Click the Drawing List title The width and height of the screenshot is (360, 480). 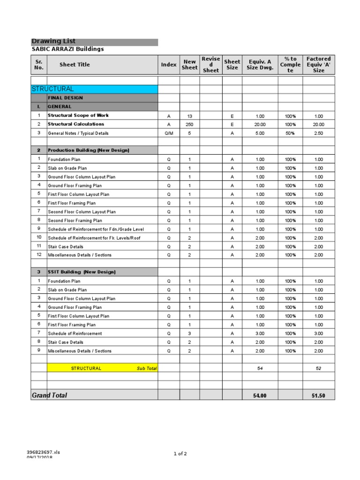click(53, 41)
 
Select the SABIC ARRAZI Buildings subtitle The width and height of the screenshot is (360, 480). click(67, 49)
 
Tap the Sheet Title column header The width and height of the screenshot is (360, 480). click(75, 65)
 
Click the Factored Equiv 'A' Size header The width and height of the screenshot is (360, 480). click(319, 65)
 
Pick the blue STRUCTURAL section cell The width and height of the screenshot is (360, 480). click(94, 89)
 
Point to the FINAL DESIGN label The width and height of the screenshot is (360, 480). click(65, 98)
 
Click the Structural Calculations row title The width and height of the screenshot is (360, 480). click(76, 124)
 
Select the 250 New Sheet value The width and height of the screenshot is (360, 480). click(190, 125)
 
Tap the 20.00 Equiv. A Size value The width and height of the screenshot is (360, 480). click(260, 125)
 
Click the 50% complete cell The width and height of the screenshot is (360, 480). click(290, 133)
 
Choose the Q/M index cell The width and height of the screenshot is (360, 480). click(169, 133)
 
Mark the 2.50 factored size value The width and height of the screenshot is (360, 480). click(319, 133)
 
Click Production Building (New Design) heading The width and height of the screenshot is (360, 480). click(88, 150)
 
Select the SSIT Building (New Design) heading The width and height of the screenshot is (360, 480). click(82, 272)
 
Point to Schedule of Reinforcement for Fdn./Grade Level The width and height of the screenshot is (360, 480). click(96, 229)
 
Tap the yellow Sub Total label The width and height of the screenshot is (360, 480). click(147, 368)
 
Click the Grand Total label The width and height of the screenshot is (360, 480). click(49, 395)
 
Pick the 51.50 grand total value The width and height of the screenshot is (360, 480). click(319, 396)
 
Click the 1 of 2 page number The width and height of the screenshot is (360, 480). click(180, 454)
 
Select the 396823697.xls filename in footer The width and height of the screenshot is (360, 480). click(44, 452)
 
